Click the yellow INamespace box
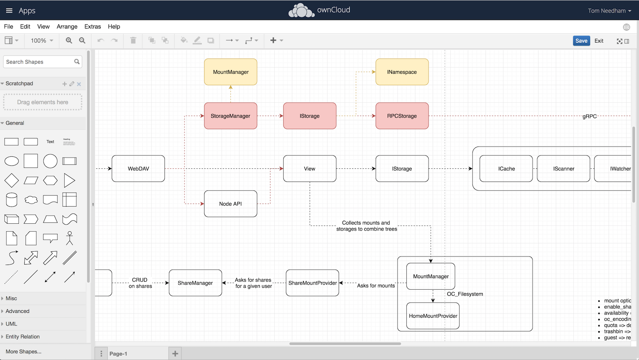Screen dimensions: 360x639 pyautogui.click(x=402, y=72)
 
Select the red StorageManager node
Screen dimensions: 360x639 pyautogui.click(x=230, y=116)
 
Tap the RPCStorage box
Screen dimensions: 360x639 pyautogui.click(x=402, y=116)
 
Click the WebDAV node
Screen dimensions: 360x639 pyautogui.click(x=138, y=169)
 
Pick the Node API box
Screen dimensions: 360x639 pyautogui.click(x=230, y=204)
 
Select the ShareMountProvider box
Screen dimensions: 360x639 pyautogui.click(x=312, y=283)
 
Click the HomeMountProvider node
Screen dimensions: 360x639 pyautogui.click(x=433, y=316)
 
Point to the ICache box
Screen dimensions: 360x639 pyautogui.click(x=506, y=169)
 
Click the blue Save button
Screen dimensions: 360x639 pyautogui.click(x=581, y=41)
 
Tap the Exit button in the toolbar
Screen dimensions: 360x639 pyautogui.click(x=599, y=41)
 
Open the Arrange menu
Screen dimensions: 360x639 pyautogui.click(x=67, y=26)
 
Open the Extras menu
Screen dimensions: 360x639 pyautogui.click(x=92, y=26)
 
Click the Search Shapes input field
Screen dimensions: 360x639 pyautogui.click(x=39, y=62)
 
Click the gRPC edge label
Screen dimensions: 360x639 pyautogui.click(x=590, y=116)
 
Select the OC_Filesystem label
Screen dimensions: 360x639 pyautogui.click(x=465, y=294)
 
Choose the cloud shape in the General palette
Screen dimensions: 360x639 pyautogui.click(x=31, y=200)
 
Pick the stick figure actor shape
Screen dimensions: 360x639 pyautogui.click(x=69, y=238)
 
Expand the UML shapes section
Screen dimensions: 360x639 pyautogui.click(x=12, y=324)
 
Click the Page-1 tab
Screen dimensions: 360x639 pyautogui.click(x=118, y=354)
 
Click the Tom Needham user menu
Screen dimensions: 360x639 pyautogui.click(x=609, y=11)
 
